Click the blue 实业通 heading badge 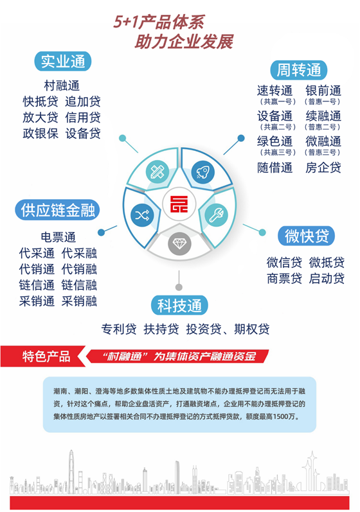point(63,61)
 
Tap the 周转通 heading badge point(298,70)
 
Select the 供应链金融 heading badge point(57,210)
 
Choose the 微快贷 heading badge point(307,236)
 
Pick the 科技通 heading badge point(179,305)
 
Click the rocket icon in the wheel point(203,172)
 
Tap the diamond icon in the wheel point(179,243)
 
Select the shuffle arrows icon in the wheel point(142,215)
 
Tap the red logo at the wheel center point(179,204)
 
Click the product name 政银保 point(40,133)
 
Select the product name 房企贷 point(323,168)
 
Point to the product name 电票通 point(58,237)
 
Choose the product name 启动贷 point(327,279)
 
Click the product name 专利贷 point(118,329)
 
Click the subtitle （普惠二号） point(323,127)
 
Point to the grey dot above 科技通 point(179,287)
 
